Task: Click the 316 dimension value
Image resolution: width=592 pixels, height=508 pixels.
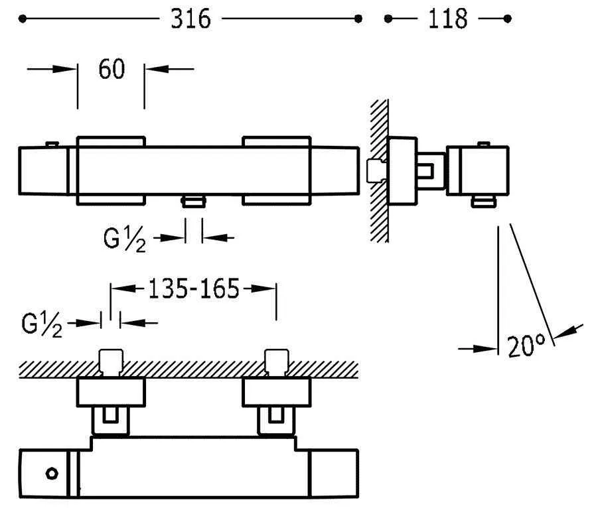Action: (x=190, y=19)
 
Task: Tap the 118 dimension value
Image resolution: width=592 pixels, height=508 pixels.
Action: (x=447, y=19)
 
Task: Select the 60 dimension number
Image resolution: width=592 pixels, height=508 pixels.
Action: (x=111, y=68)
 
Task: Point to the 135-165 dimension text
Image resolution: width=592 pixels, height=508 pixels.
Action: (x=192, y=289)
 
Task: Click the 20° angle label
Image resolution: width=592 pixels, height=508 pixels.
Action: (x=526, y=346)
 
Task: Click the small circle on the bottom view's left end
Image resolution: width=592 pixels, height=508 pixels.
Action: (x=52, y=474)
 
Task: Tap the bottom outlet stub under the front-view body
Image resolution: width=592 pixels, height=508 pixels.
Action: (x=194, y=202)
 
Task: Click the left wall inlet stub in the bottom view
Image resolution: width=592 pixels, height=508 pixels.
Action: (x=110, y=361)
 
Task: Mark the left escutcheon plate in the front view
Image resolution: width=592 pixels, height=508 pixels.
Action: (x=111, y=170)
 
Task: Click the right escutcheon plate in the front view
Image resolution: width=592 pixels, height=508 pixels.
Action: (x=277, y=170)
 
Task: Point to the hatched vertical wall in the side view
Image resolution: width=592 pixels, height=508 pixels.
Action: (x=380, y=171)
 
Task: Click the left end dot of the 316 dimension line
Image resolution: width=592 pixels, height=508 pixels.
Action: (x=23, y=19)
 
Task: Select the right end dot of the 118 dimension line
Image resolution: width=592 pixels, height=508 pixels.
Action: (x=508, y=19)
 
